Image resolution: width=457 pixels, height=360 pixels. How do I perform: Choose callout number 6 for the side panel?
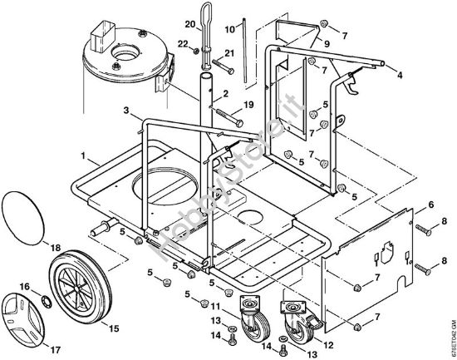(430, 204)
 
